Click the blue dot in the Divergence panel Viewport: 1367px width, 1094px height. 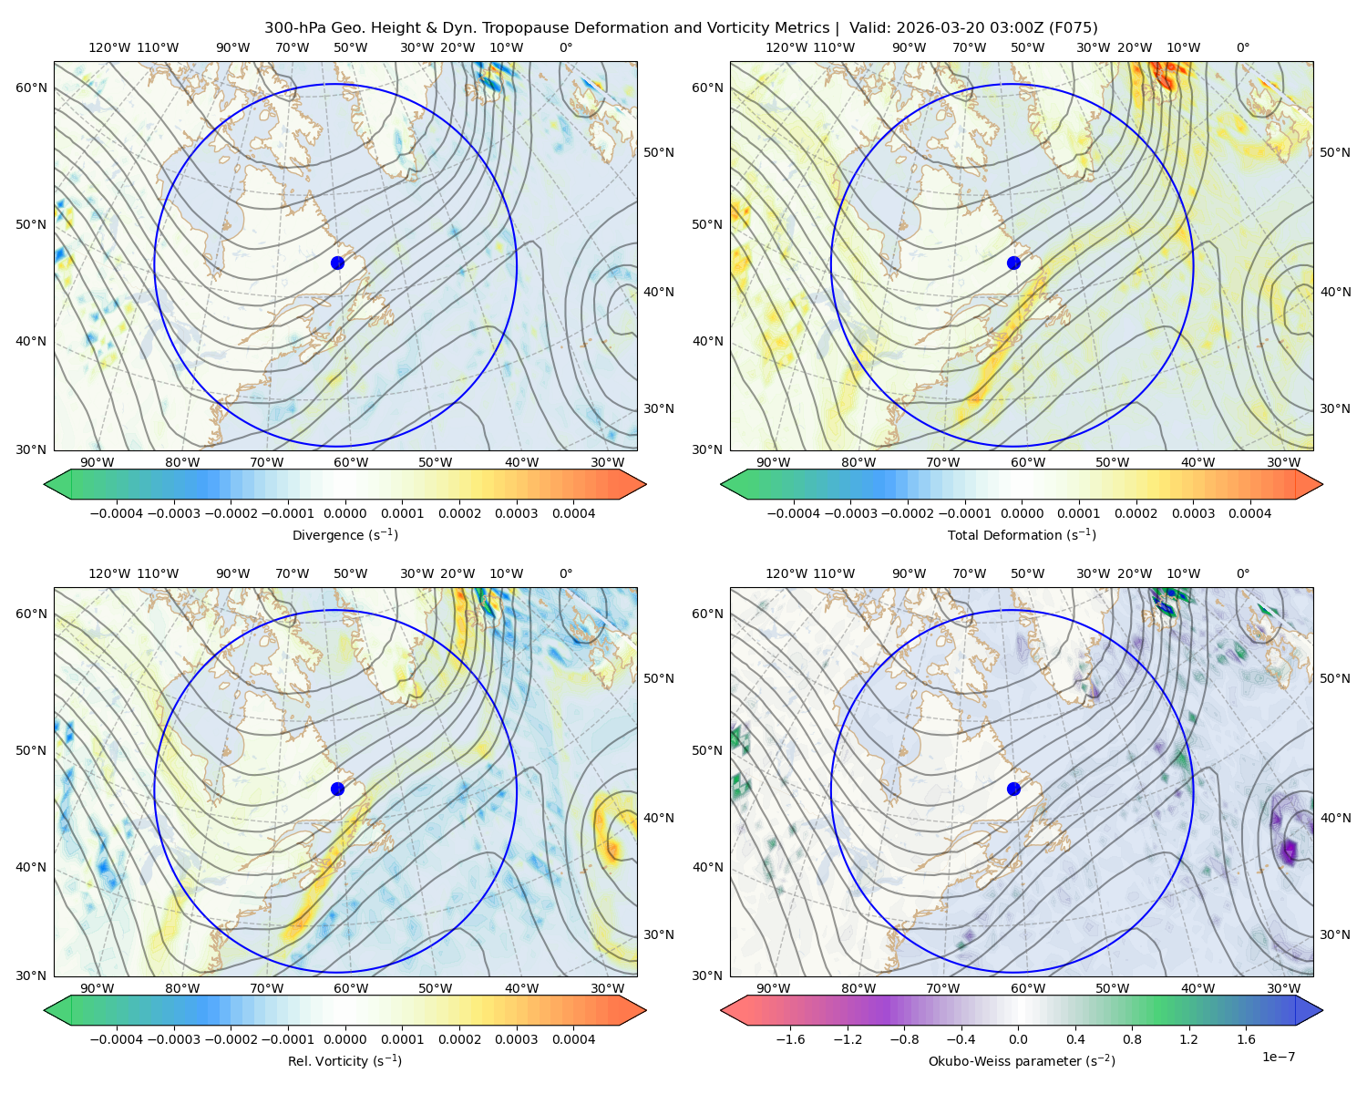(x=337, y=263)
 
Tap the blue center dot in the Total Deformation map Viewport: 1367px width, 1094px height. (x=1013, y=263)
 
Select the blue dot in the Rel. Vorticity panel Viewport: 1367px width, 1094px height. (x=337, y=789)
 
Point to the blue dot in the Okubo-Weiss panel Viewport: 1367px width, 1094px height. (x=1013, y=789)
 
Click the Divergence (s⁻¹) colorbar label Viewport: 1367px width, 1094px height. (x=344, y=534)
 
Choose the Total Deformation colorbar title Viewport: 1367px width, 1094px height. (x=1022, y=534)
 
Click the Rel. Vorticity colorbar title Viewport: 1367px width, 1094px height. (x=344, y=1060)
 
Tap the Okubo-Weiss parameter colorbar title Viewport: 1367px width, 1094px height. (x=1022, y=1060)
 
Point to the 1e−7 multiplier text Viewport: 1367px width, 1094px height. (x=1278, y=1057)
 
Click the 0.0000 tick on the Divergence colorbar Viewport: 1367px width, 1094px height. (x=344, y=513)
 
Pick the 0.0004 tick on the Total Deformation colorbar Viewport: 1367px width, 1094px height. (x=1249, y=513)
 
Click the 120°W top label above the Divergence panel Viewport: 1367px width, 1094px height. (x=109, y=47)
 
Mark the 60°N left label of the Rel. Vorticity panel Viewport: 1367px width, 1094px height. (x=31, y=614)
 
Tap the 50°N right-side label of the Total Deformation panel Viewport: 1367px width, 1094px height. (x=1335, y=152)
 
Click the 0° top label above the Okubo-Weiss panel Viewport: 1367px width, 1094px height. (x=1242, y=573)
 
